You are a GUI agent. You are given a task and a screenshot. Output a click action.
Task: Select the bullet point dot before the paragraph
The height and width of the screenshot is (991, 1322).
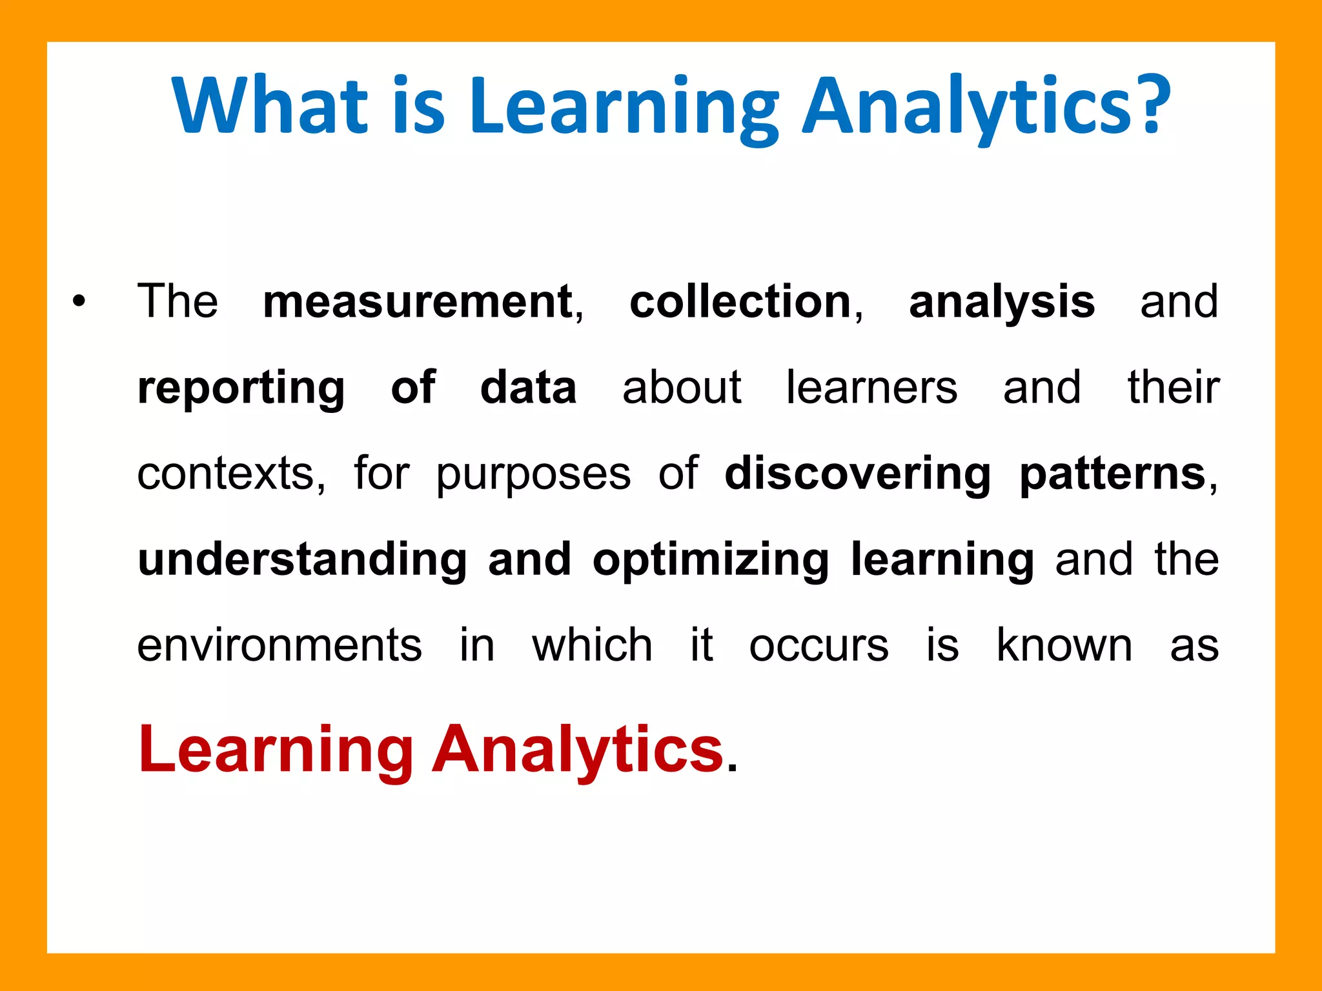pyautogui.click(x=79, y=301)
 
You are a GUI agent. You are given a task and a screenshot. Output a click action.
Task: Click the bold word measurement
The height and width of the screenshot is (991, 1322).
pyautogui.click(x=418, y=301)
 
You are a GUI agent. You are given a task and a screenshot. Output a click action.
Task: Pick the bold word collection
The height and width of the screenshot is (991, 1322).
pyautogui.click(x=740, y=301)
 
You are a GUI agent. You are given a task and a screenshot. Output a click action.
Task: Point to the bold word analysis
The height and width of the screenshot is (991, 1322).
pyautogui.click(x=1002, y=301)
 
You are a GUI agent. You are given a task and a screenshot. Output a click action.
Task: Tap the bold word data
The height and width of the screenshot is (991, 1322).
pyautogui.click(x=528, y=388)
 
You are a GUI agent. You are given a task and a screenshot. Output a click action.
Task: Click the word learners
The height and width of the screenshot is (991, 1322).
pyautogui.click(x=871, y=388)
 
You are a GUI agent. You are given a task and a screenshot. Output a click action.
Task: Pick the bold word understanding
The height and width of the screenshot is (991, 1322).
pyautogui.click(x=302, y=560)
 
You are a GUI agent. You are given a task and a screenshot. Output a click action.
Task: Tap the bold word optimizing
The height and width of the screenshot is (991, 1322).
pyautogui.click(x=711, y=560)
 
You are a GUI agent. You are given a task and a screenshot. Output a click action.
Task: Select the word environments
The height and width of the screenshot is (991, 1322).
pyautogui.click(x=280, y=645)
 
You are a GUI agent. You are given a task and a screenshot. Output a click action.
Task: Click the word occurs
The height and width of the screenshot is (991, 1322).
pyautogui.click(x=819, y=645)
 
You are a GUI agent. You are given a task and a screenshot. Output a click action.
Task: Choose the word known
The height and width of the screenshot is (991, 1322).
pyautogui.click(x=1064, y=645)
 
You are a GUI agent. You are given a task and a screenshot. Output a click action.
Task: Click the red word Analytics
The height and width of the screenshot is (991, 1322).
pyautogui.click(x=578, y=750)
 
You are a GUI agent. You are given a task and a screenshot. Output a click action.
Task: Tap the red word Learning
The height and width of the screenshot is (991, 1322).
pyautogui.click(x=276, y=751)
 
